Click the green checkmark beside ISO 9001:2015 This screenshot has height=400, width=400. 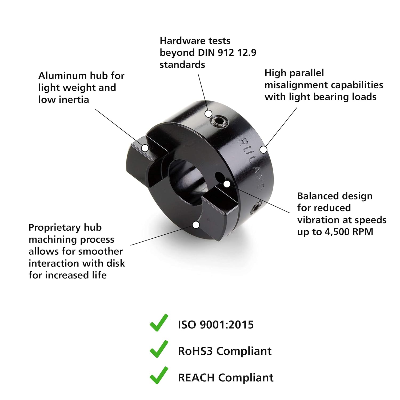[x=159, y=323]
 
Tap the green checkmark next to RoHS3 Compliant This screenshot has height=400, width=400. [x=159, y=349]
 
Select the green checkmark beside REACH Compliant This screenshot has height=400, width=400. [x=159, y=375]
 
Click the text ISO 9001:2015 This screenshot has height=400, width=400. [x=216, y=325]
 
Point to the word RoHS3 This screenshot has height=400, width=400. [x=195, y=351]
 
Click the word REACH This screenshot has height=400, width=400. [x=196, y=378]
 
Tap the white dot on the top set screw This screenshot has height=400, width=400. [x=209, y=114]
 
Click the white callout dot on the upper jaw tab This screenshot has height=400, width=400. [x=145, y=148]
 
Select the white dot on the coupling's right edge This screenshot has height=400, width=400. [x=263, y=150]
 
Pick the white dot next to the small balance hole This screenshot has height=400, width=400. [x=227, y=184]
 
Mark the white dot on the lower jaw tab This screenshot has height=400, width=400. [x=196, y=225]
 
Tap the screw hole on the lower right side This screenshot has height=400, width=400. [x=256, y=208]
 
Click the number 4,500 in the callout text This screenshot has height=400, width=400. [x=336, y=232]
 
